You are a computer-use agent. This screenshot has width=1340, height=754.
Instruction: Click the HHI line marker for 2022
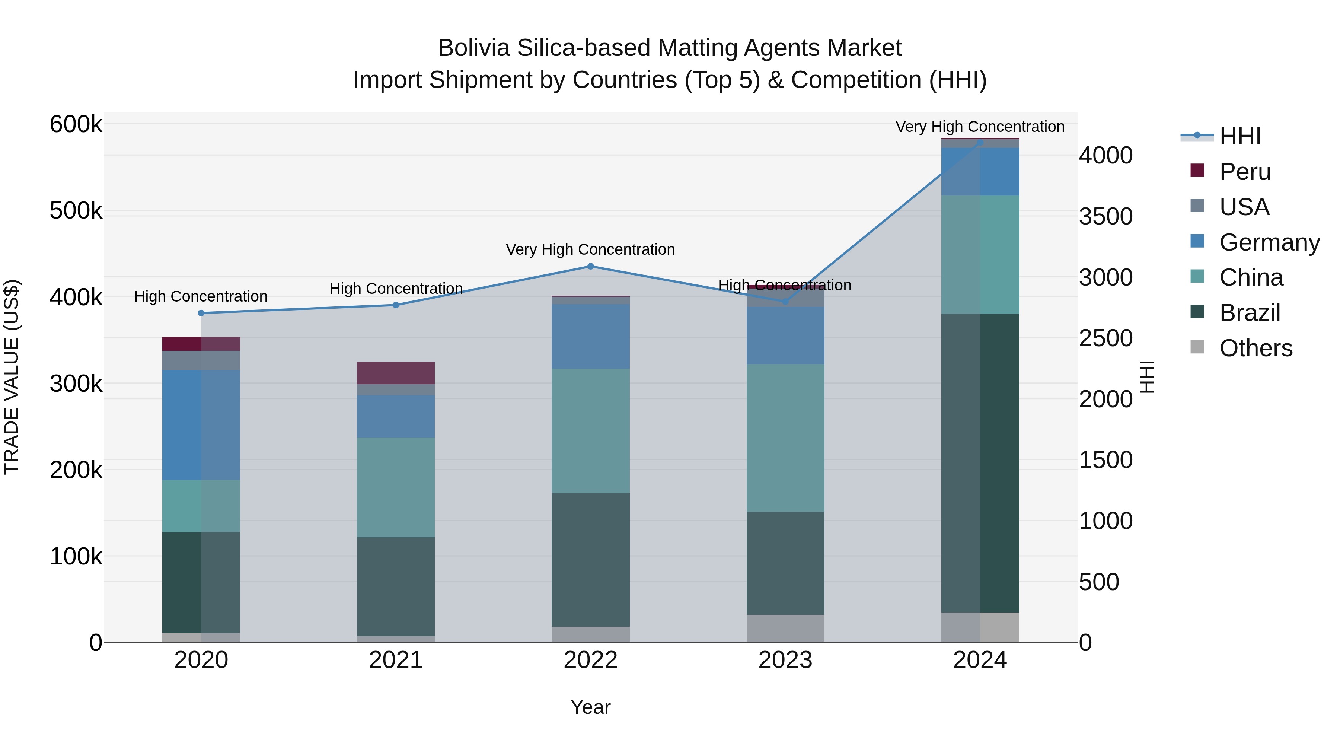590,267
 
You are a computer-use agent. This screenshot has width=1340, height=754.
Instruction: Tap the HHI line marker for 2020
201,313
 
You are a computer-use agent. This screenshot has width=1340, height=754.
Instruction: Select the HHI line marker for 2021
396,305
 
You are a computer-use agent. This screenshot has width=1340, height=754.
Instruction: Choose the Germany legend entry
1269,242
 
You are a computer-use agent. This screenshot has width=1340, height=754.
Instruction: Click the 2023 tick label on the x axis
785,660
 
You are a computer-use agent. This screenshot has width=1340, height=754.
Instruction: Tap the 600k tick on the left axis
76,125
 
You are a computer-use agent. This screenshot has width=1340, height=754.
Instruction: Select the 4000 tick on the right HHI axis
1105,156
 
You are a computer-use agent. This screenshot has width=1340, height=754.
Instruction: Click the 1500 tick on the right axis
1105,460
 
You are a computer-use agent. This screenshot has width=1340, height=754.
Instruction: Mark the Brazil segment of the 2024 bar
980,463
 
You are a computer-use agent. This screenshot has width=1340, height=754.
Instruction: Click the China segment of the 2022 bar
590,431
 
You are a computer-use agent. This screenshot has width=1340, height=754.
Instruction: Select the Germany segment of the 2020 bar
201,425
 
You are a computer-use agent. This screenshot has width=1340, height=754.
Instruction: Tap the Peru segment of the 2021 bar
396,373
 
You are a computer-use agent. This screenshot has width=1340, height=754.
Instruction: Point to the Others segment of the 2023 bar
785,629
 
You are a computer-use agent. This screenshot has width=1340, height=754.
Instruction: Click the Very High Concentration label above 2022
590,250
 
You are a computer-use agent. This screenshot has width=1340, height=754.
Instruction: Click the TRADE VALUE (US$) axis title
12,377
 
